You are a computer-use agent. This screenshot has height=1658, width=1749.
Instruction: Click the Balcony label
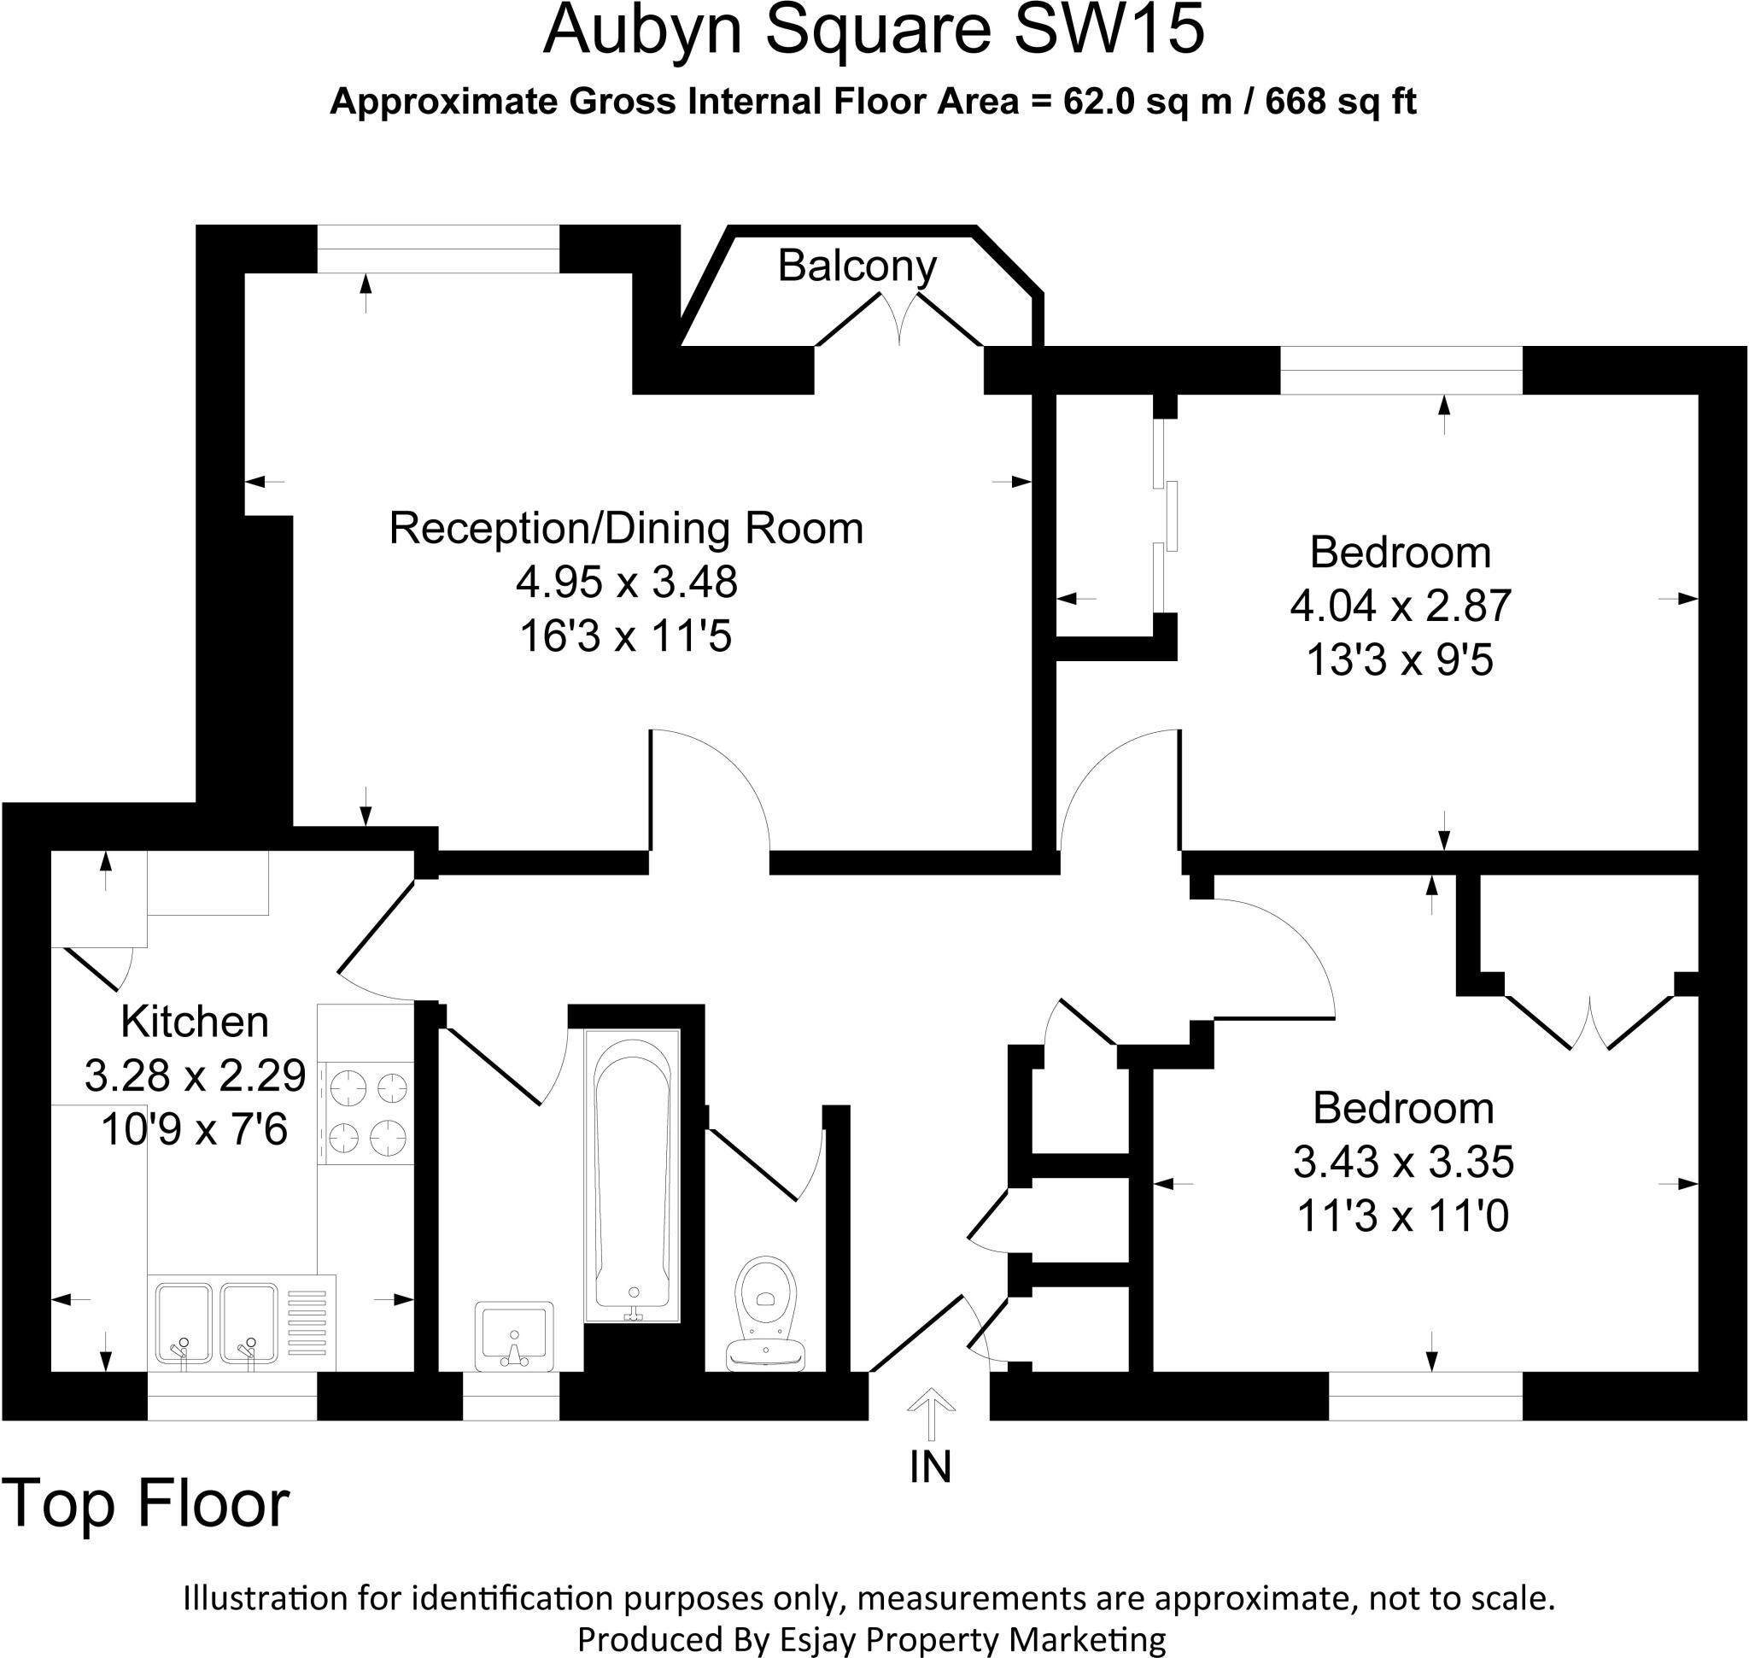(x=857, y=266)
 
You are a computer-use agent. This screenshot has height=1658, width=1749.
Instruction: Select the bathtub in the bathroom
(x=631, y=1175)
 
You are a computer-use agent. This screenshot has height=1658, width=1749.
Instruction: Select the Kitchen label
(x=195, y=1022)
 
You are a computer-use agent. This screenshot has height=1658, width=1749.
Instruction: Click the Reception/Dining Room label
(x=626, y=529)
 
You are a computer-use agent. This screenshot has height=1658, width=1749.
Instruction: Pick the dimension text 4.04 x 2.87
(x=1400, y=606)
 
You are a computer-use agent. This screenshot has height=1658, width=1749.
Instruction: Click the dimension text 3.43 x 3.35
(x=1402, y=1163)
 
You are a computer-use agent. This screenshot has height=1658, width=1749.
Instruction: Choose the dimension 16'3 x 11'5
(x=626, y=636)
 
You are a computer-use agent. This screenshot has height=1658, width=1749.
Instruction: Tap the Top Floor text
(x=147, y=1504)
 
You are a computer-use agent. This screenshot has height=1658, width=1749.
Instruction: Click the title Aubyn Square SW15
(x=873, y=32)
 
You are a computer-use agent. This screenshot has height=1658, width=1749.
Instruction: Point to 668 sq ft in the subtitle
(x=1340, y=103)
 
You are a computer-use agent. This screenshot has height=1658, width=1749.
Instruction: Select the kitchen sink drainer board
(x=306, y=1322)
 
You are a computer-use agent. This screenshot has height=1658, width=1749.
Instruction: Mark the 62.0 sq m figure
(x=1146, y=103)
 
